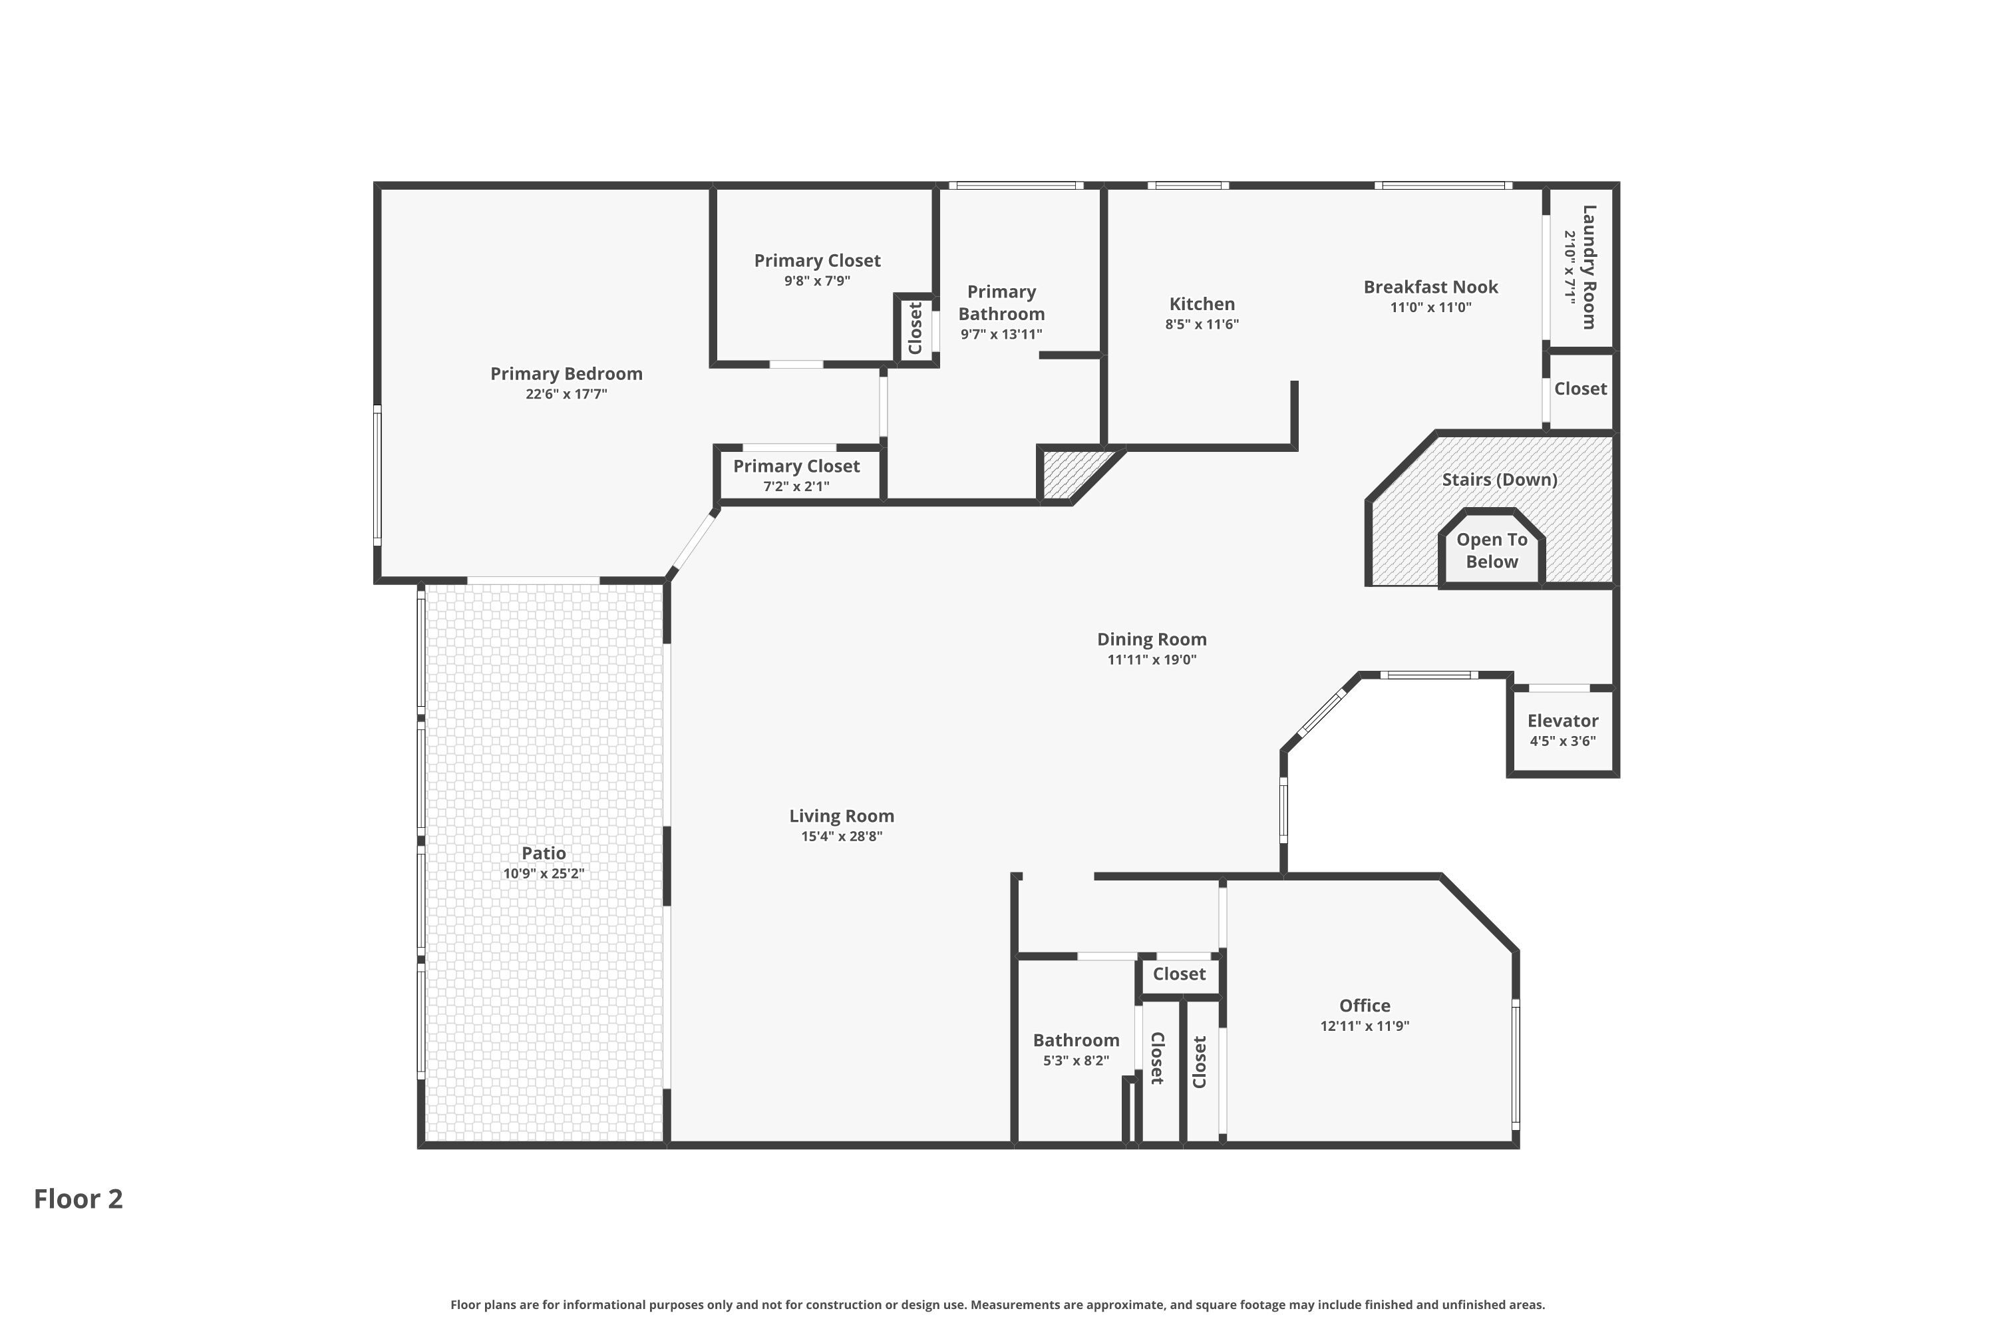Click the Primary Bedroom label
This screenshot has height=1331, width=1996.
pyautogui.click(x=566, y=373)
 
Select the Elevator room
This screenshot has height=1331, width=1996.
pyautogui.click(x=1562, y=731)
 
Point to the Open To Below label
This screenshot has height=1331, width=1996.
pyautogui.click(x=1492, y=550)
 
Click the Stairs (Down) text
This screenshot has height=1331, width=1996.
pyautogui.click(x=1500, y=480)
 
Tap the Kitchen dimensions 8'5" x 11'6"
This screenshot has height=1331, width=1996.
pyautogui.click(x=1202, y=324)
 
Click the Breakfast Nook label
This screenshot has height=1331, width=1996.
pyautogui.click(x=1431, y=287)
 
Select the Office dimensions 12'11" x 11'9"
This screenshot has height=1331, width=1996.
pyautogui.click(x=1365, y=1026)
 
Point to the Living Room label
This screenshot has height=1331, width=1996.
pyautogui.click(x=842, y=816)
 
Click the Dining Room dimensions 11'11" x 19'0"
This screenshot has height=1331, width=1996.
pyautogui.click(x=1152, y=660)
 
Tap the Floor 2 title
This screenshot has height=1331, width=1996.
pyautogui.click(x=78, y=1199)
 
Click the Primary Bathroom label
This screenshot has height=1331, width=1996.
pyautogui.click(x=1001, y=303)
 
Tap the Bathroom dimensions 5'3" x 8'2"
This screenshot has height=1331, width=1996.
pyautogui.click(x=1076, y=1060)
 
